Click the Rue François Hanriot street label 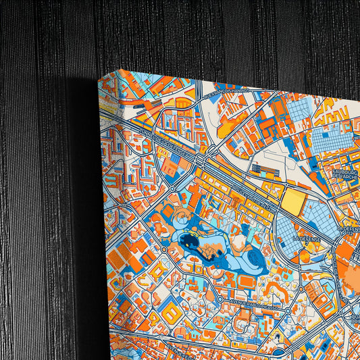(226, 90)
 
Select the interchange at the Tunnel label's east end (201, 161)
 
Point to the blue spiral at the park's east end (257, 260)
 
